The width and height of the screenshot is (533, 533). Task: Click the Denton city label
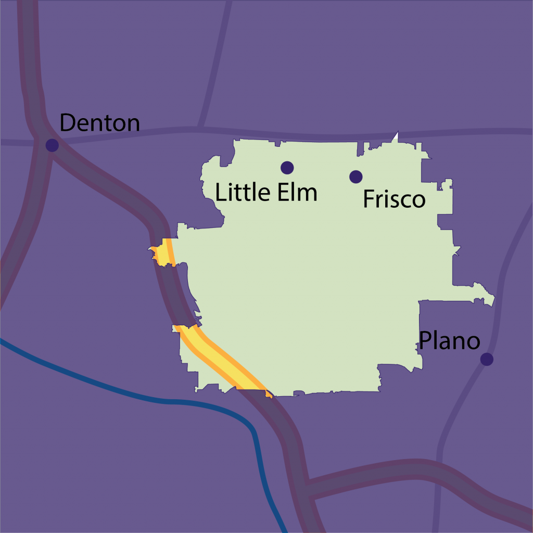click(99, 123)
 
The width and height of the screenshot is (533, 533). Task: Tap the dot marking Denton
click(52, 145)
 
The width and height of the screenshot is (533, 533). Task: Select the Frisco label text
click(394, 199)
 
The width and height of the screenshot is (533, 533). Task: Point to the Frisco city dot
click(356, 177)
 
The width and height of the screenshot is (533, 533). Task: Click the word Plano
click(449, 341)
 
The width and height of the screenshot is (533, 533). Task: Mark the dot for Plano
click(487, 359)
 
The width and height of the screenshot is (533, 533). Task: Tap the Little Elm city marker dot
click(287, 168)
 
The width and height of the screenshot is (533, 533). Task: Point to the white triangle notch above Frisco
click(395, 137)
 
